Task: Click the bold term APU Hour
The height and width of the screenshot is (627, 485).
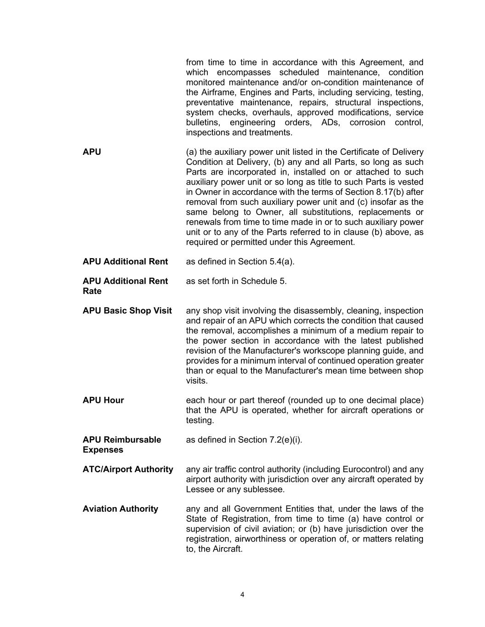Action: (x=103, y=400)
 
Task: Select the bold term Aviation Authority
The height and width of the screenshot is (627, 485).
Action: (x=120, y=508)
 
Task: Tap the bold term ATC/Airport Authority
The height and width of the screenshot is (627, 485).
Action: (x=128, y=469)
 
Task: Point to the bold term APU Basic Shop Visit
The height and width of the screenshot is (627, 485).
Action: (x=127, y=311)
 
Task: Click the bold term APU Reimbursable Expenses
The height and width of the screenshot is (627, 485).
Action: (x=122, y=445)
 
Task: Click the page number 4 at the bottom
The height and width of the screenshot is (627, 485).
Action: (x=242, y=595)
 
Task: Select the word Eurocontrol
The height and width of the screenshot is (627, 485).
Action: (x=366, y=469)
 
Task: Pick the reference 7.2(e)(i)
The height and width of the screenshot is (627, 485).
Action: (x=285, y=440)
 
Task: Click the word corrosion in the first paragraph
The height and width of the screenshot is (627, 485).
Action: (x=367, y=122)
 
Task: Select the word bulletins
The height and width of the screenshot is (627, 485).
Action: (x=203, y=122)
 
